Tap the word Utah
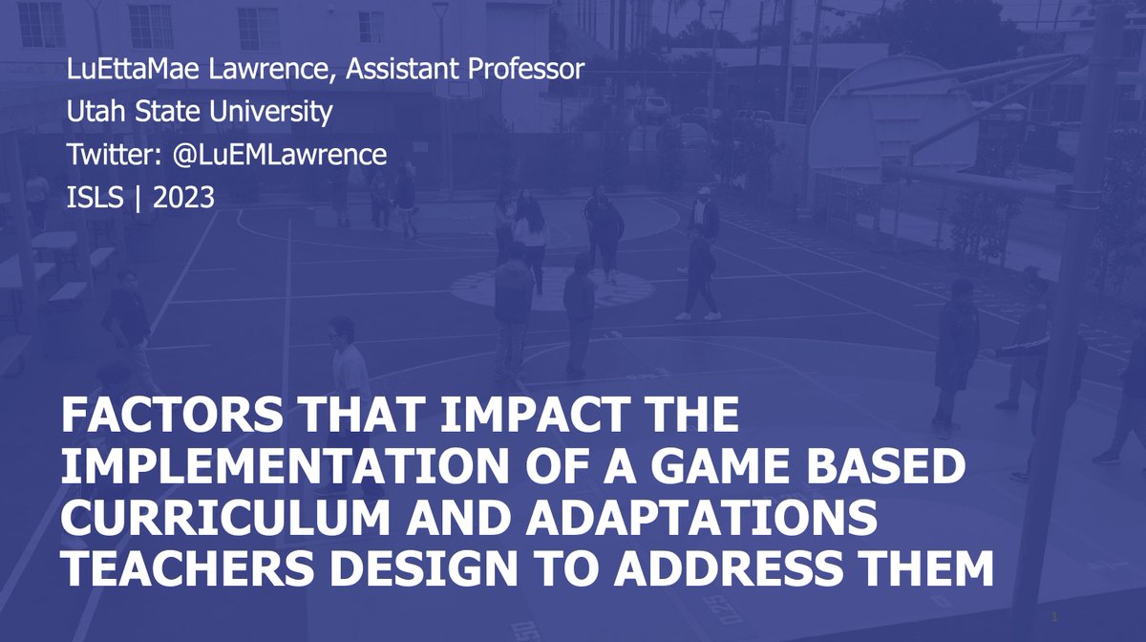91,113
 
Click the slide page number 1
1052,614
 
